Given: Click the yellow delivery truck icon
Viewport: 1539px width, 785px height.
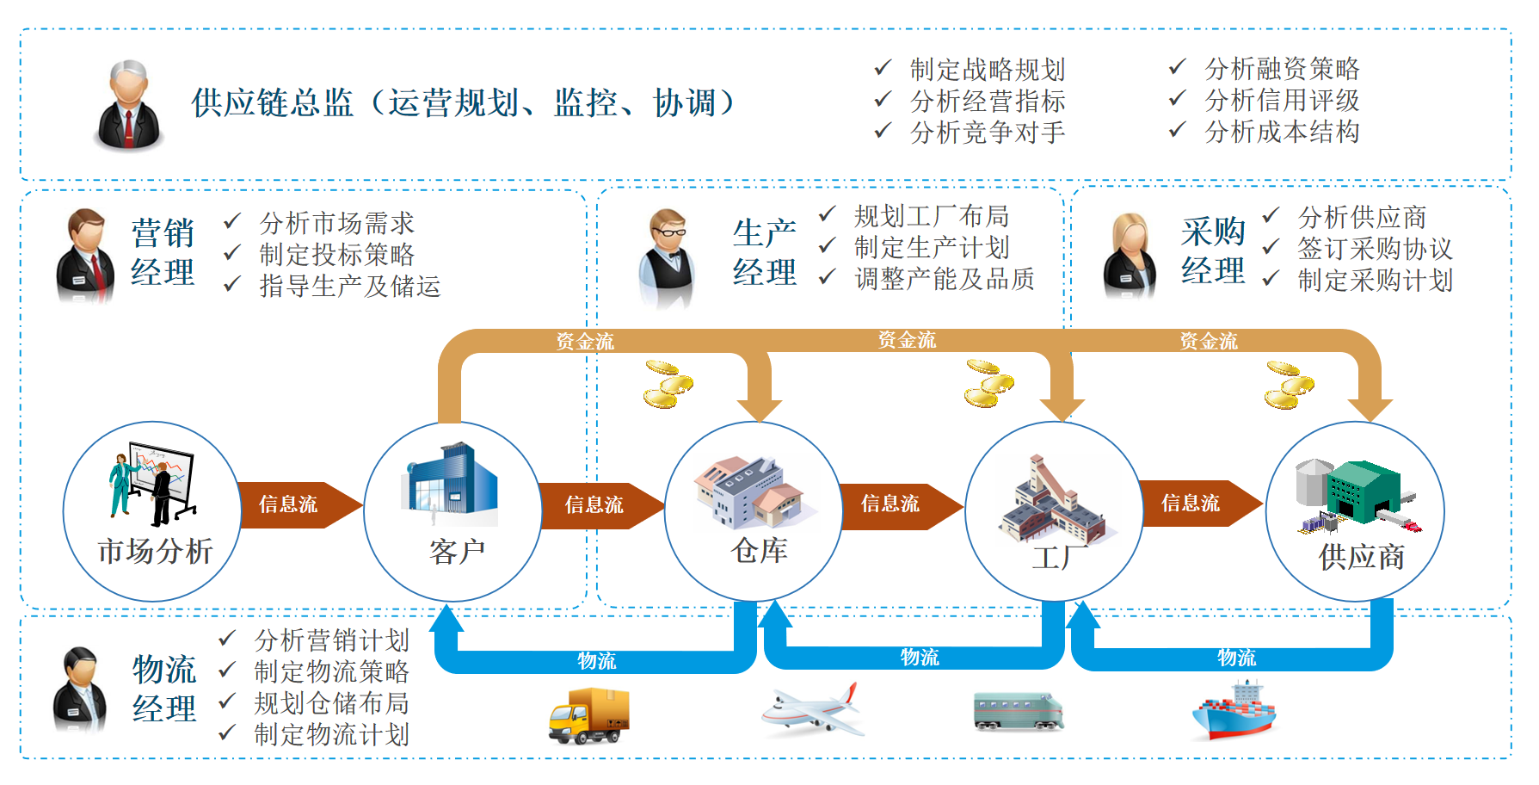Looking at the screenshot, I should click(x=589, y=715).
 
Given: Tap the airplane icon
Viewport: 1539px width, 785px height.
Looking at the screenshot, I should click(x=810, y=710).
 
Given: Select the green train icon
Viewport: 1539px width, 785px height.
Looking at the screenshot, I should click(x=1018, y=711).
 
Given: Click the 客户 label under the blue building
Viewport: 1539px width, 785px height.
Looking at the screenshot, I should click(x=457, y=551).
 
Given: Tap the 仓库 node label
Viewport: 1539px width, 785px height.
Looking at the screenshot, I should click(x=759, y=549).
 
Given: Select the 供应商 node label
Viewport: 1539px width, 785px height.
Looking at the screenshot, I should click(x=1361, y=556).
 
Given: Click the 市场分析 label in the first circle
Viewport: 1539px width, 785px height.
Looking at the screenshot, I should click(x=155, y=550).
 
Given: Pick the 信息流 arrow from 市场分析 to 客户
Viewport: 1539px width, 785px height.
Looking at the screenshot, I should click(x=289, y=504).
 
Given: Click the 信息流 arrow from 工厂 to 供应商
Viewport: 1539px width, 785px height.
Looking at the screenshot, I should click(x=1191, y=504).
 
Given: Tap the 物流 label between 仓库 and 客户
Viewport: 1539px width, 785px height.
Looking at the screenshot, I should click(x=596, y=660).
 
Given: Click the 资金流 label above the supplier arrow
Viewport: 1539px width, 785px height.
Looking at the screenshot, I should click(x=1208, y=341).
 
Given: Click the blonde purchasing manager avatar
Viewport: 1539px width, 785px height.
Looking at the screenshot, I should click(x=1130, y=256).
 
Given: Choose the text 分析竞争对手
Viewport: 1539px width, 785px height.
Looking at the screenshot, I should click(x=988, y=133).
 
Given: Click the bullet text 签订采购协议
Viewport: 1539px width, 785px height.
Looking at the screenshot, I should click(x=1375, y=249).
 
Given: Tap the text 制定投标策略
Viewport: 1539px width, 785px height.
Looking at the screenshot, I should click(x=336, y=255).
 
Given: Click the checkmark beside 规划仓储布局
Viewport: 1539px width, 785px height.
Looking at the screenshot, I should click(x=227, y=702).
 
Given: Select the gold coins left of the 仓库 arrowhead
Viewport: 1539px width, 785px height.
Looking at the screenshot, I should click(x=668, y=384).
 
